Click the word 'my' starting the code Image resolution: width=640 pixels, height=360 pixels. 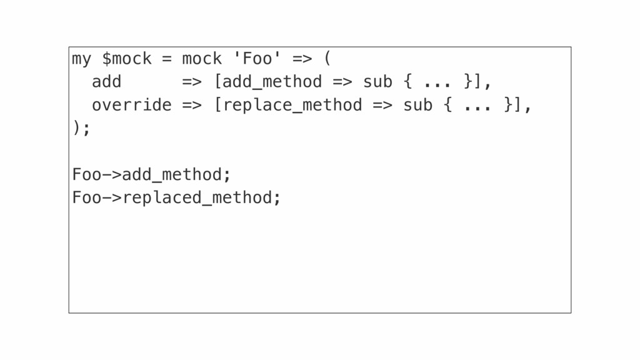coord(82,59)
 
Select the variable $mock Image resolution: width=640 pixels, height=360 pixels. coord(126,59)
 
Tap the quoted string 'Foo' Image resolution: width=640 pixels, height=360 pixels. coord(257,58)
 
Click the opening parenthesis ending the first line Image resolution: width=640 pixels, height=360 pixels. coord(327,58)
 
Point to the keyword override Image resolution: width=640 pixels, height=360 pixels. coord(131,105)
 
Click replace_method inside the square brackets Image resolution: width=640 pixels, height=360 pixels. coord(292,105)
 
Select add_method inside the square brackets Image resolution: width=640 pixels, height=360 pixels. coord(272,82)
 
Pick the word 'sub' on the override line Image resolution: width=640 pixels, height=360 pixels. coord(417,105)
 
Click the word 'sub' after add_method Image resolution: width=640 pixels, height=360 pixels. coord(377,82)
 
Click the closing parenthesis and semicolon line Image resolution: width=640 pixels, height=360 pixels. coord(81,127)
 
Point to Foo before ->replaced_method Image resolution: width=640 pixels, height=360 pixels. coord(86,197)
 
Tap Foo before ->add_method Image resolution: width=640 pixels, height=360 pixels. coord(86,174)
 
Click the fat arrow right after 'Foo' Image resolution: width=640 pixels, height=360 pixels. coord(302,59)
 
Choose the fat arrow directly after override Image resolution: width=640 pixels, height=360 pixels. coord(192,105)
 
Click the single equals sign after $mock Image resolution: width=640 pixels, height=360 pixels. coord(166,59)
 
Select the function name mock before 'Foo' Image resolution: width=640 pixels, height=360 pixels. coord(202,58)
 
